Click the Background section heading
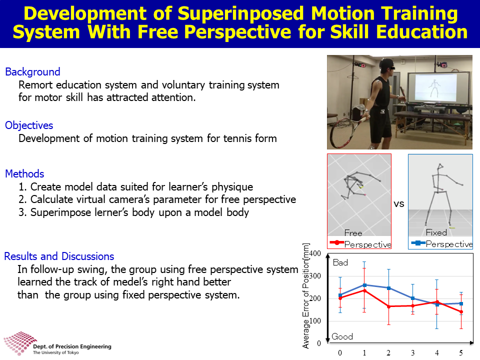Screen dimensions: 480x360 pyautogui.click(x=32, y=71)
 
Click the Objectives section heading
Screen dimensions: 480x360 pyautogui.click(x=29, y=125)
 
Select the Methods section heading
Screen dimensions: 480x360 pyautogui.click(x=24, y=173)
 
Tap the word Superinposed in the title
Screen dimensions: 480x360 pyautogui.click(x=240, y=14)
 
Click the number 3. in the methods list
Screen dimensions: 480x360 pyautogui.click(x=22, y=212)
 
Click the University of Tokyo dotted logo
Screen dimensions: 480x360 pyautogui.click(x=19, y=343)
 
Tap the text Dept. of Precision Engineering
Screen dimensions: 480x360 pyautogui.click(x=72, y=346)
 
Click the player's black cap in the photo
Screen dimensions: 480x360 pyautogui.click(x=386, y=63)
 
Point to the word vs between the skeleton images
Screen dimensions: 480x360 pyautogui.click(x=399, y=204)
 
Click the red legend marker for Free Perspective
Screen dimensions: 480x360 pyautogui.click(x=336, y=243)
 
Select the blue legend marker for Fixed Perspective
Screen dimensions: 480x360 pyautogui.click(x=418, y=243)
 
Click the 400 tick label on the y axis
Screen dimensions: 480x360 pyautogui.click(x=315, y=253)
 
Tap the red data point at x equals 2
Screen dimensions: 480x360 pyautogui.click(x=389, y=306)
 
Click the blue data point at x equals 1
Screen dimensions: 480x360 pyautogui.click(x=364, y=285)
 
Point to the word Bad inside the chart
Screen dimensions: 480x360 pyautogui.click(x=340, y=262)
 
